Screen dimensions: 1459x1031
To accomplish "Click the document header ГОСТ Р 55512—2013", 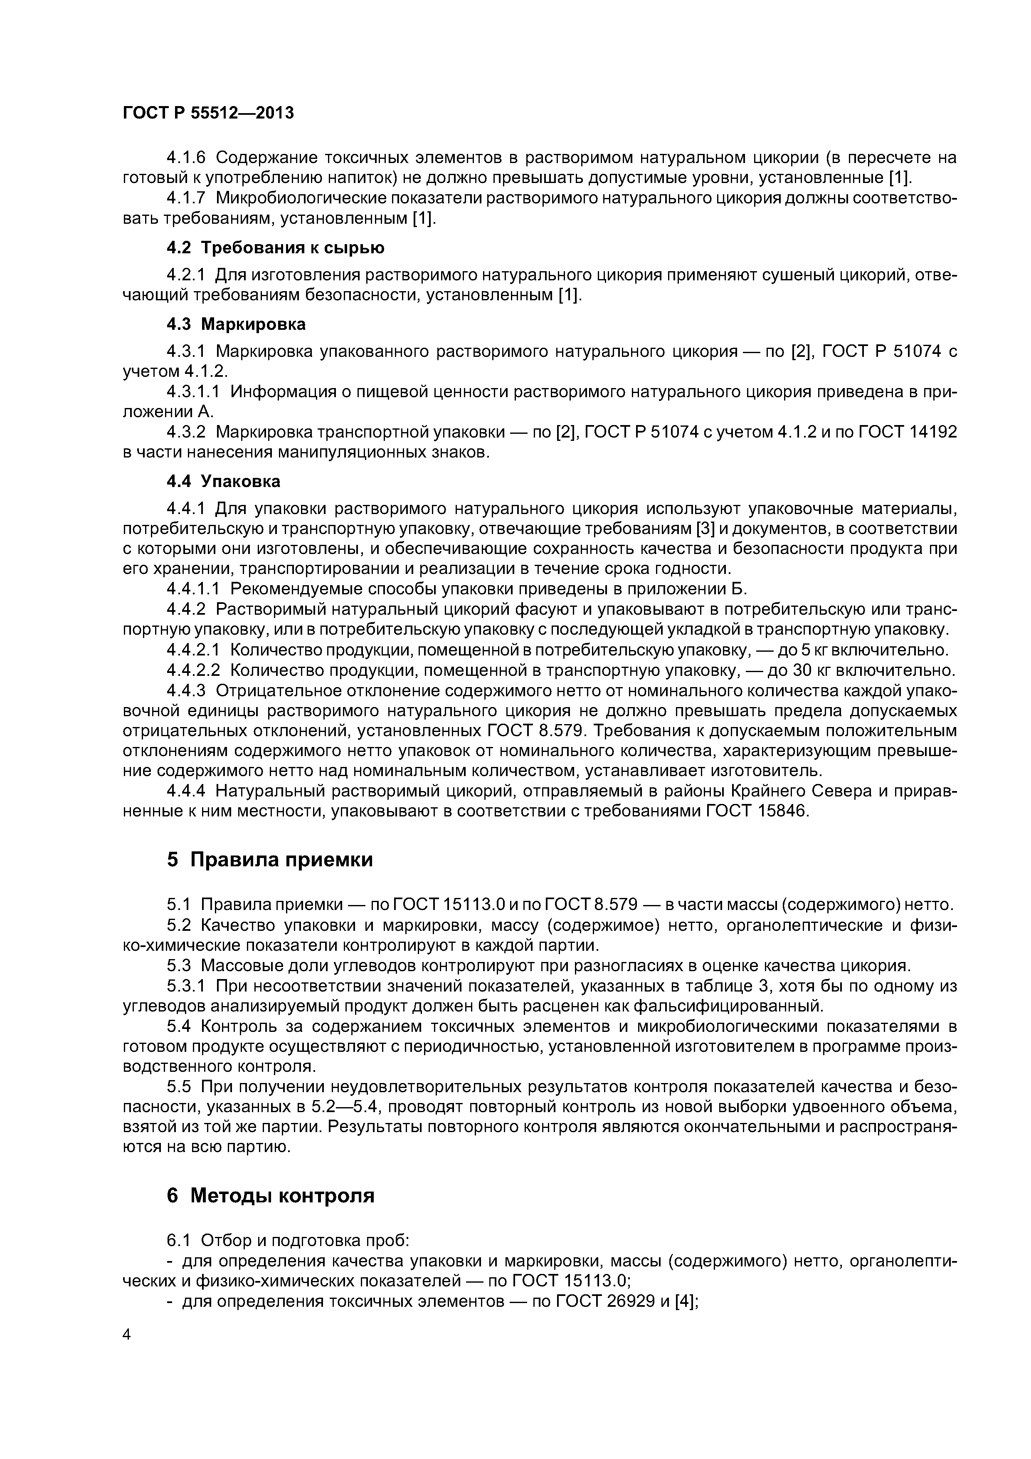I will pyautogui.click(x=208, y=113).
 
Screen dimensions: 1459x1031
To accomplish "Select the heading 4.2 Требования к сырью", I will pyautogui.click(x=275, y=247).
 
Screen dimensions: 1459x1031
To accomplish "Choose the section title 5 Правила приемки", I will pyautogui.click(x=269, y=860).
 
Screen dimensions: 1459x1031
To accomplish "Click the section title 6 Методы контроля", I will pyautogui.click(x=270, y=1196).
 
